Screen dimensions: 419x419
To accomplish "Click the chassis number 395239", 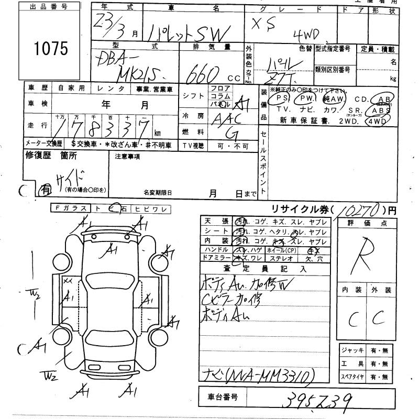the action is tap(315, 400).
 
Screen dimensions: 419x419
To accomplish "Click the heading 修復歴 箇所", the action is tap(51, 155).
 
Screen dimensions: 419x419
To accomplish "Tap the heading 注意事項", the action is tap(127, 156).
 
